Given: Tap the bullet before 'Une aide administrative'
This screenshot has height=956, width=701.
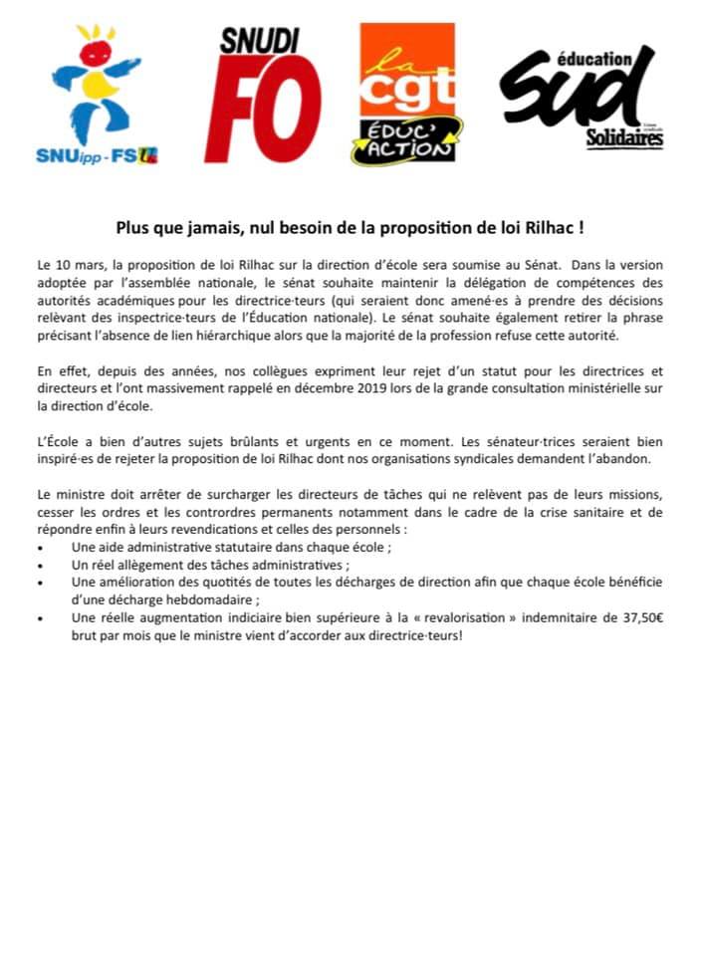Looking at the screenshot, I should (39, 548).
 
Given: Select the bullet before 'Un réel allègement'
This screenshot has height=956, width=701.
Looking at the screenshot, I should (39, 565).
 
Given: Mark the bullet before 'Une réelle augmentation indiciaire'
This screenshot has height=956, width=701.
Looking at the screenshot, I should (39, 618).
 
